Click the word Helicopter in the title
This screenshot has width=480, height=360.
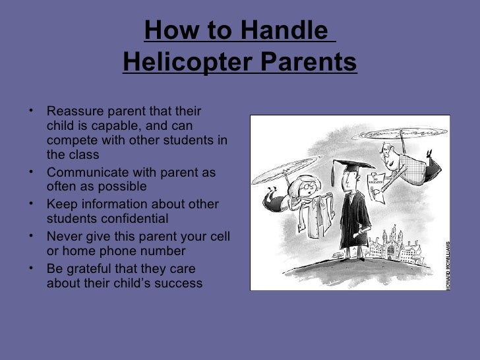pos(182,63)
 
